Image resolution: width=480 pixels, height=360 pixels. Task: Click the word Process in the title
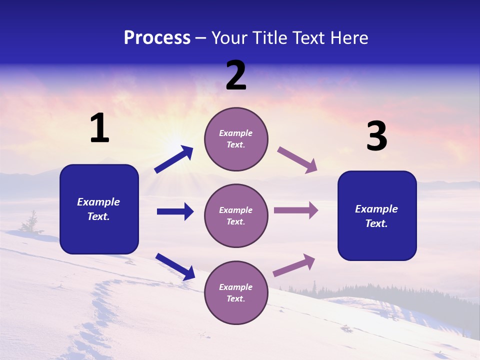(x=157, y=38)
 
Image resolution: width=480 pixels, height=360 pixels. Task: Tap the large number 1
(x=99, y=128)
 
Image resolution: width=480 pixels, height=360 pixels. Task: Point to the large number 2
(x=236, y=75)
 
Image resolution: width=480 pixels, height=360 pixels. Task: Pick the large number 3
(x=376, y=136)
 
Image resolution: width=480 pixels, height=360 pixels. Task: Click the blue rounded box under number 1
(x=99, y=209)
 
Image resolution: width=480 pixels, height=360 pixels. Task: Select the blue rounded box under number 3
(x=377, y=215)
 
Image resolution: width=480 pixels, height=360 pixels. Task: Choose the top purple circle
(x=236, y=139)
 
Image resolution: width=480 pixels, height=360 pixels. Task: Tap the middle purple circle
(x=236, y=215)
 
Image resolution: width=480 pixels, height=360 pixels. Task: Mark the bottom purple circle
(x=236, y=292)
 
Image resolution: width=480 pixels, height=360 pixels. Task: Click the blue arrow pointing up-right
(x=174, y=159)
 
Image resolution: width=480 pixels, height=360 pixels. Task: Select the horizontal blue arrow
(x=175, y=211)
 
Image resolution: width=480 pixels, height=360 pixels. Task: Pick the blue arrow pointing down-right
(x=175, y=266)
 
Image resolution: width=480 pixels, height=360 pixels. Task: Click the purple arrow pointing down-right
(x=297, y=160)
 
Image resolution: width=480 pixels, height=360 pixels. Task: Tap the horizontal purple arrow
(x=296, y=210)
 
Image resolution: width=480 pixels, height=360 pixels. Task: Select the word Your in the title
(x=229, y=38)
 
